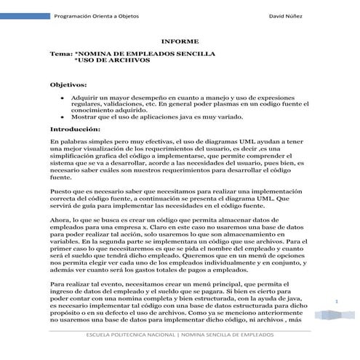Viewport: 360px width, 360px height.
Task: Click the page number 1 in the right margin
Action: coord(337,301)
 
